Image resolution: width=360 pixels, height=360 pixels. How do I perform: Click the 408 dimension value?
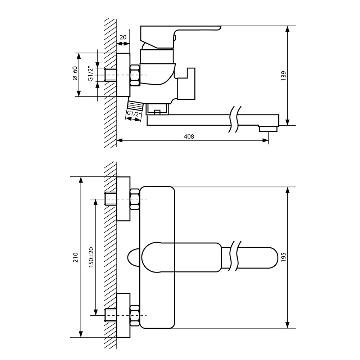pyautogui.click(x=189, y=136)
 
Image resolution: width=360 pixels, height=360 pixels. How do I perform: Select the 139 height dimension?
pyautogui.click(x=284, y=76)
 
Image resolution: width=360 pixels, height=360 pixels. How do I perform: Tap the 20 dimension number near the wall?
pyautogui.click(x=123, y=37)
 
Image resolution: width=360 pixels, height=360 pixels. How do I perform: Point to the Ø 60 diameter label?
pyautogui.click(x=75, y=73)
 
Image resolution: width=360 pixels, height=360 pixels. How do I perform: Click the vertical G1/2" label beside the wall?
pyautogui.click(x=91, y=74)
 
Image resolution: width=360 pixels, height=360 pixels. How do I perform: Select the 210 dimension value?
pyautogui.click(x=76, y=257)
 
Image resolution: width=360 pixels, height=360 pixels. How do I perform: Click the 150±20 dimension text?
pyautogui.click(x=91, y=257)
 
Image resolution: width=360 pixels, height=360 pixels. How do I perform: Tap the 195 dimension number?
pyautogui.click(x=284, y=257)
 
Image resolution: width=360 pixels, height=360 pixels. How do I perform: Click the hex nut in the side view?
pyautogui.click(x=135, y=75)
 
